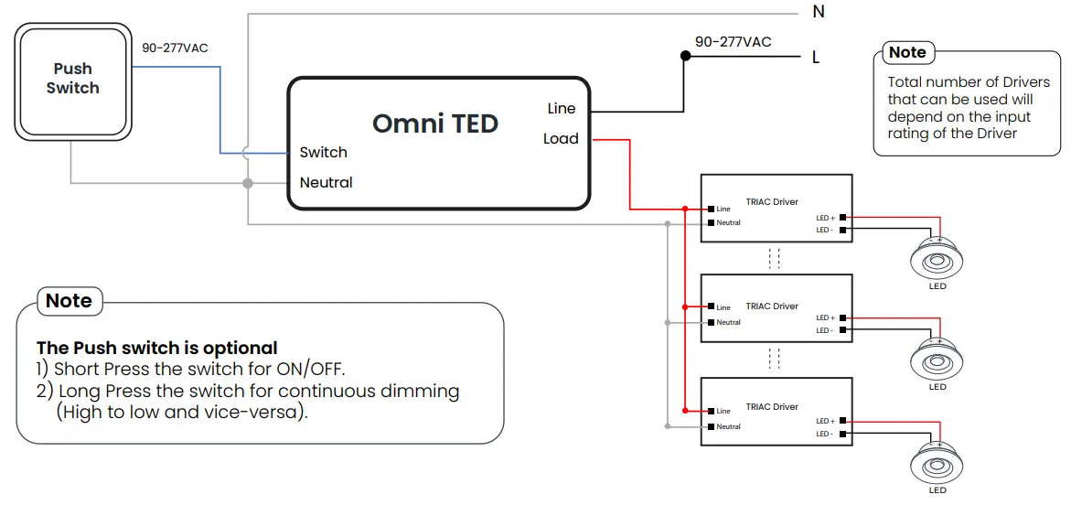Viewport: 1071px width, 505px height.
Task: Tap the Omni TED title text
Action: click(x=435, y=124)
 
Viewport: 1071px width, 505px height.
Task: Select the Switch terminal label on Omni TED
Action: click(x=323, y=153)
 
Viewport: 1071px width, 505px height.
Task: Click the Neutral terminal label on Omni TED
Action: click(x=326, y=183)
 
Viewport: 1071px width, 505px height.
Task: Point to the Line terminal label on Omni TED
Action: click(x=561, y=109)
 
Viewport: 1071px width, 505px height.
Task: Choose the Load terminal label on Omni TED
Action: click(x=560, y=139)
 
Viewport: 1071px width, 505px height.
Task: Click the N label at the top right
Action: click(x=818, y=12)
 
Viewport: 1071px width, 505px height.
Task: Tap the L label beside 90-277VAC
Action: click(x=816, y=58)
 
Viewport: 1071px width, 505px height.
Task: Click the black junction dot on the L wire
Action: click(x=685, y=56)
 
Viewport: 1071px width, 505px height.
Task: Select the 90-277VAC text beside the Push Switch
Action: click(x=175, y=48)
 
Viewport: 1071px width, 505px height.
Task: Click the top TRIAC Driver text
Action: click(x=772, y=202)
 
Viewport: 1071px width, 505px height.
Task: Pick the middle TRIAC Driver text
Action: click(x=772, y=306)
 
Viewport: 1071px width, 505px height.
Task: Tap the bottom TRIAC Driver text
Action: click(x=772, y=407)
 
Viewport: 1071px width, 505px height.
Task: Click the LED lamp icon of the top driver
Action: click(x=937, y=260)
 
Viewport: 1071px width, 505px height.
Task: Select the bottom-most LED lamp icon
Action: click(x=937, y=464)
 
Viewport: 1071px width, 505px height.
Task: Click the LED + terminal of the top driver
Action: click(x=841, y=218)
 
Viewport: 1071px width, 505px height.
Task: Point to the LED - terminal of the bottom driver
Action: click(x=841, y=434)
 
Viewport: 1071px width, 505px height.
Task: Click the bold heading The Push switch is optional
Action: click(x=156, y=349)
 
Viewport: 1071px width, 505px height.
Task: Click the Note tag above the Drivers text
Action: click(x=907, y=53)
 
